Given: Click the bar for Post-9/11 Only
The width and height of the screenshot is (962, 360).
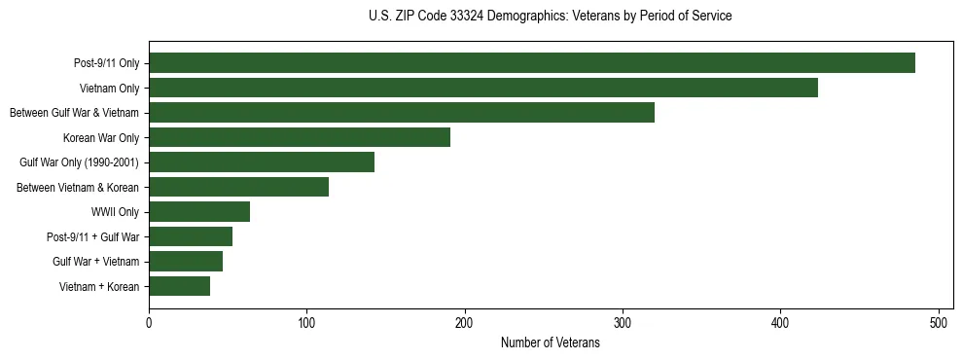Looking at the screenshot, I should click(532, 63).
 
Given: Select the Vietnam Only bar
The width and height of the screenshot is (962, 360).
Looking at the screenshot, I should click(483, 89).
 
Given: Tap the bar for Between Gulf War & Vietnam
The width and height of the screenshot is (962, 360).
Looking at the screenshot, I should click(402, 113).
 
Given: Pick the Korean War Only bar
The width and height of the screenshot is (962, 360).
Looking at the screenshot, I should click(300, 137).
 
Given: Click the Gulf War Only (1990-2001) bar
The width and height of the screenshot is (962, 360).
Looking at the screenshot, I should click(262, 162).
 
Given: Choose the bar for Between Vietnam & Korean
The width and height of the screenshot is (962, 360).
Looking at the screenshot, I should click(239, 187).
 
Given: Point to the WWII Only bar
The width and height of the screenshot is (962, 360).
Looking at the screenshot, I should click(199, 212).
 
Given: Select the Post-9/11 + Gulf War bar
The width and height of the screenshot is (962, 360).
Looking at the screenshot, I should click(191, 236).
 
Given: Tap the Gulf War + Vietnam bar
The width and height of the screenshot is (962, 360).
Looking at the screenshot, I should click(186, 261).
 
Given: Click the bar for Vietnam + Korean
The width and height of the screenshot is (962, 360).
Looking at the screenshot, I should click(180, 286).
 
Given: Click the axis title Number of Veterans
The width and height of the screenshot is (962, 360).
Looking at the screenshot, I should click(550, 343).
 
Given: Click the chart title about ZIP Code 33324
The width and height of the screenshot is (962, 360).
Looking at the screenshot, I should click(550, 16).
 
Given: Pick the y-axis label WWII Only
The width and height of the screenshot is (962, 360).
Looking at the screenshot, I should click(115, 212).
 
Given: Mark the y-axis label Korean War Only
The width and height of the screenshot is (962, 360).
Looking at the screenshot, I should click(101, 138).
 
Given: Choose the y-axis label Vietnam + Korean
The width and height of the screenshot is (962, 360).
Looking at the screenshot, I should click(99, 286).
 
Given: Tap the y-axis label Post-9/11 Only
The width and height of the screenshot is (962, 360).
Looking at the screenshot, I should click(106, 64).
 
